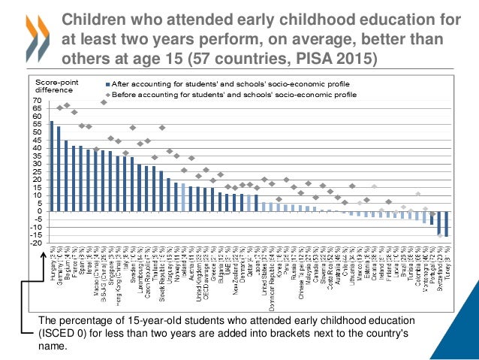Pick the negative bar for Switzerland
(439, 222)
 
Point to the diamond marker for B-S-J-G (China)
(104, 102)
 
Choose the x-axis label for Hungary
(50, 263)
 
